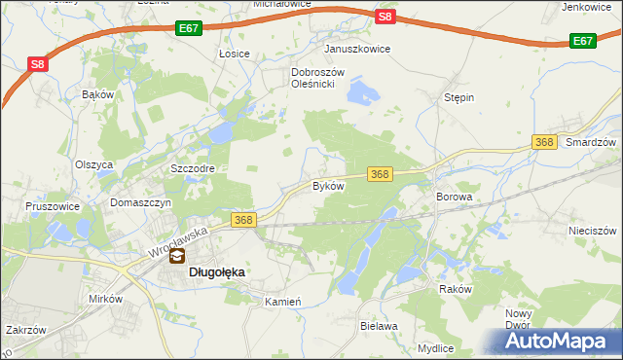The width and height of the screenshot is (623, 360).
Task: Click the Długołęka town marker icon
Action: click(177, 259)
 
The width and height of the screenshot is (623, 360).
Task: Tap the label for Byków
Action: click(328, 185)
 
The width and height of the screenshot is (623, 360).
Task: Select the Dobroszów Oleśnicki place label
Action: click(312, 78)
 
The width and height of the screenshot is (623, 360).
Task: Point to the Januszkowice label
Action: click(357, 49)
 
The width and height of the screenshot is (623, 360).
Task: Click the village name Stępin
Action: click(458, 98)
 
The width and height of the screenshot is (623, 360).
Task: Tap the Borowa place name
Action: click(454, 197)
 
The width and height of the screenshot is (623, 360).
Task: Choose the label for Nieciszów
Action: click(593, 232)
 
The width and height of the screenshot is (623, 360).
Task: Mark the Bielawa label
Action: click(379, 327)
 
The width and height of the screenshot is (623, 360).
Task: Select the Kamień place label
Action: click(283, 302)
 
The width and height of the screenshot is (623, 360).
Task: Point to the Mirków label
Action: click(104, 299)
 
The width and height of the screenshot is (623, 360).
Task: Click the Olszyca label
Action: click(94, 164)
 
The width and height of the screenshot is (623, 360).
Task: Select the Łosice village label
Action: click(235, 54)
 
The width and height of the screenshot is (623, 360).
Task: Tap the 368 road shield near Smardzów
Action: click(544, 142)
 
